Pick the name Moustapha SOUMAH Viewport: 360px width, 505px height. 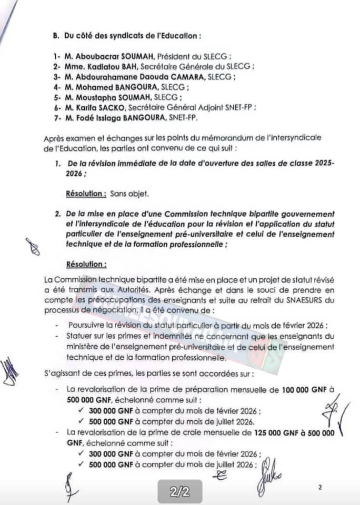point(111,97)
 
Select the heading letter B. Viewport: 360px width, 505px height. point(52,36)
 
